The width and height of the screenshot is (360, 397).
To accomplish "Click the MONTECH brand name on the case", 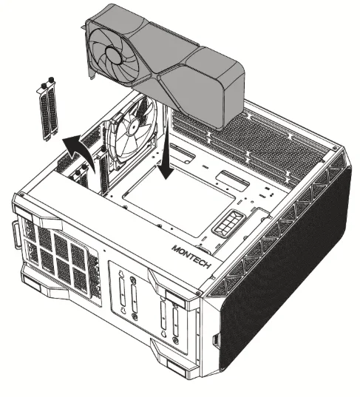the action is pyautogui.click(x=191, y=257).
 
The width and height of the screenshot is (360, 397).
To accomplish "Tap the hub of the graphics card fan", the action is pyautogui.click(x=113, y=55).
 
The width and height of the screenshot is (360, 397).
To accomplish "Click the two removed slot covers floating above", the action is pyautogui.click(x=48, y=109).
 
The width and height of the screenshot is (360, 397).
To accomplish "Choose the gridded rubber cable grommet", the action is pyautogui.click(x=228, y=223).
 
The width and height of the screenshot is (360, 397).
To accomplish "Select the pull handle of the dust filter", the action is pyautogui.click(x=15, y=235).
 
